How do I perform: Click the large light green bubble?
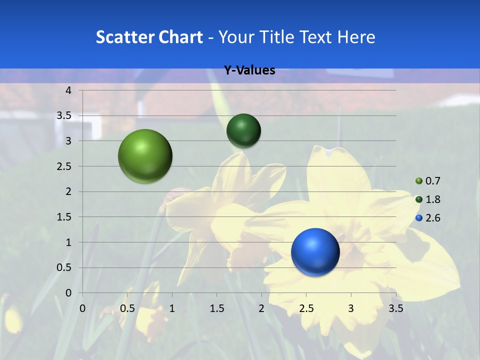click(x=145, y=156)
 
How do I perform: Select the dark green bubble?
click(x=243, y=130)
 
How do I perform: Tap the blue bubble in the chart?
click(x=315, y=252)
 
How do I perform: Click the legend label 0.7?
click(x=433, y=181)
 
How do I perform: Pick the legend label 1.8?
click(x=433, y=199)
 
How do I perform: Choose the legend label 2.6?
click(x=433, y=218)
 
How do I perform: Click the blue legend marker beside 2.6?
click(x=419, y=218)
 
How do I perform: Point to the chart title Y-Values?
click(x=249, y=70)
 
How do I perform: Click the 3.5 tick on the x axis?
click(x=395, y=308)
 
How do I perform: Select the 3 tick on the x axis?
click(x=351, y=308)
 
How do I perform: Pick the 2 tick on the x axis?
click(x=261, y=308)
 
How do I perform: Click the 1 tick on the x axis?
click(x=172, y=308)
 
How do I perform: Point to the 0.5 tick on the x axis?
click(x=127, y=308)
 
